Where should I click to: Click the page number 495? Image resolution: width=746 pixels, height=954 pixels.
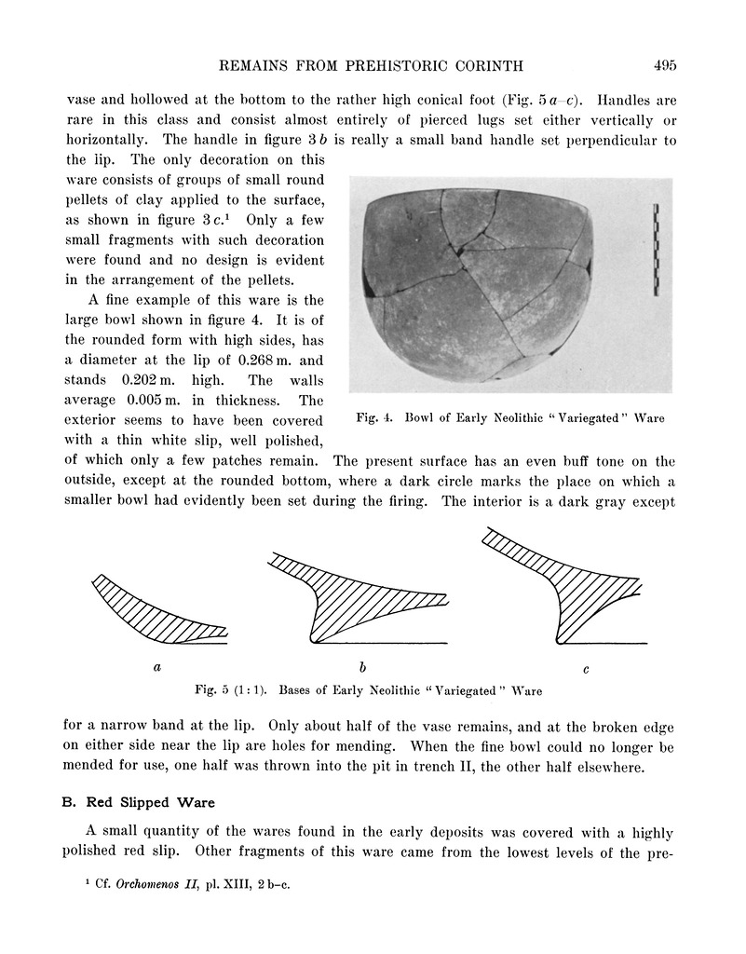pos(664,65)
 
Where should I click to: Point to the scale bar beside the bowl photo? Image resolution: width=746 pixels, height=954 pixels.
pos(657,248)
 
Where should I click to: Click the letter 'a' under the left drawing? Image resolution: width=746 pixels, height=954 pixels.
pos(157,667)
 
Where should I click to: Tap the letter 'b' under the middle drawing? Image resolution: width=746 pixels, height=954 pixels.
pos(361,667)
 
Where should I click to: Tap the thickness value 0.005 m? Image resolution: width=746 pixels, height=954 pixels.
pos(167,401)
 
